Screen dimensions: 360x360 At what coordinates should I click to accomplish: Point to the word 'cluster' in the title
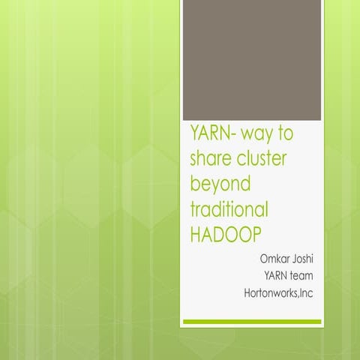point(267,160)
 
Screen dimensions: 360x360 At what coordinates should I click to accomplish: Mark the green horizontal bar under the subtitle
point(252,322)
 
